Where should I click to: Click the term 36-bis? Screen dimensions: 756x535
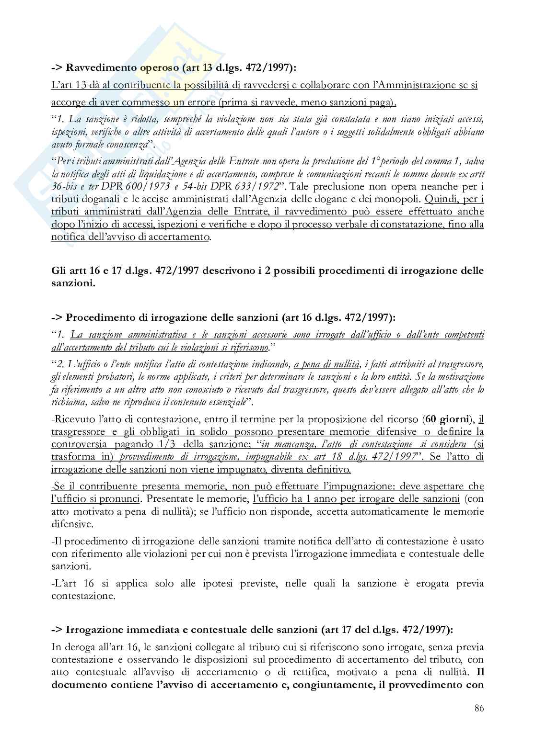65,186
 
